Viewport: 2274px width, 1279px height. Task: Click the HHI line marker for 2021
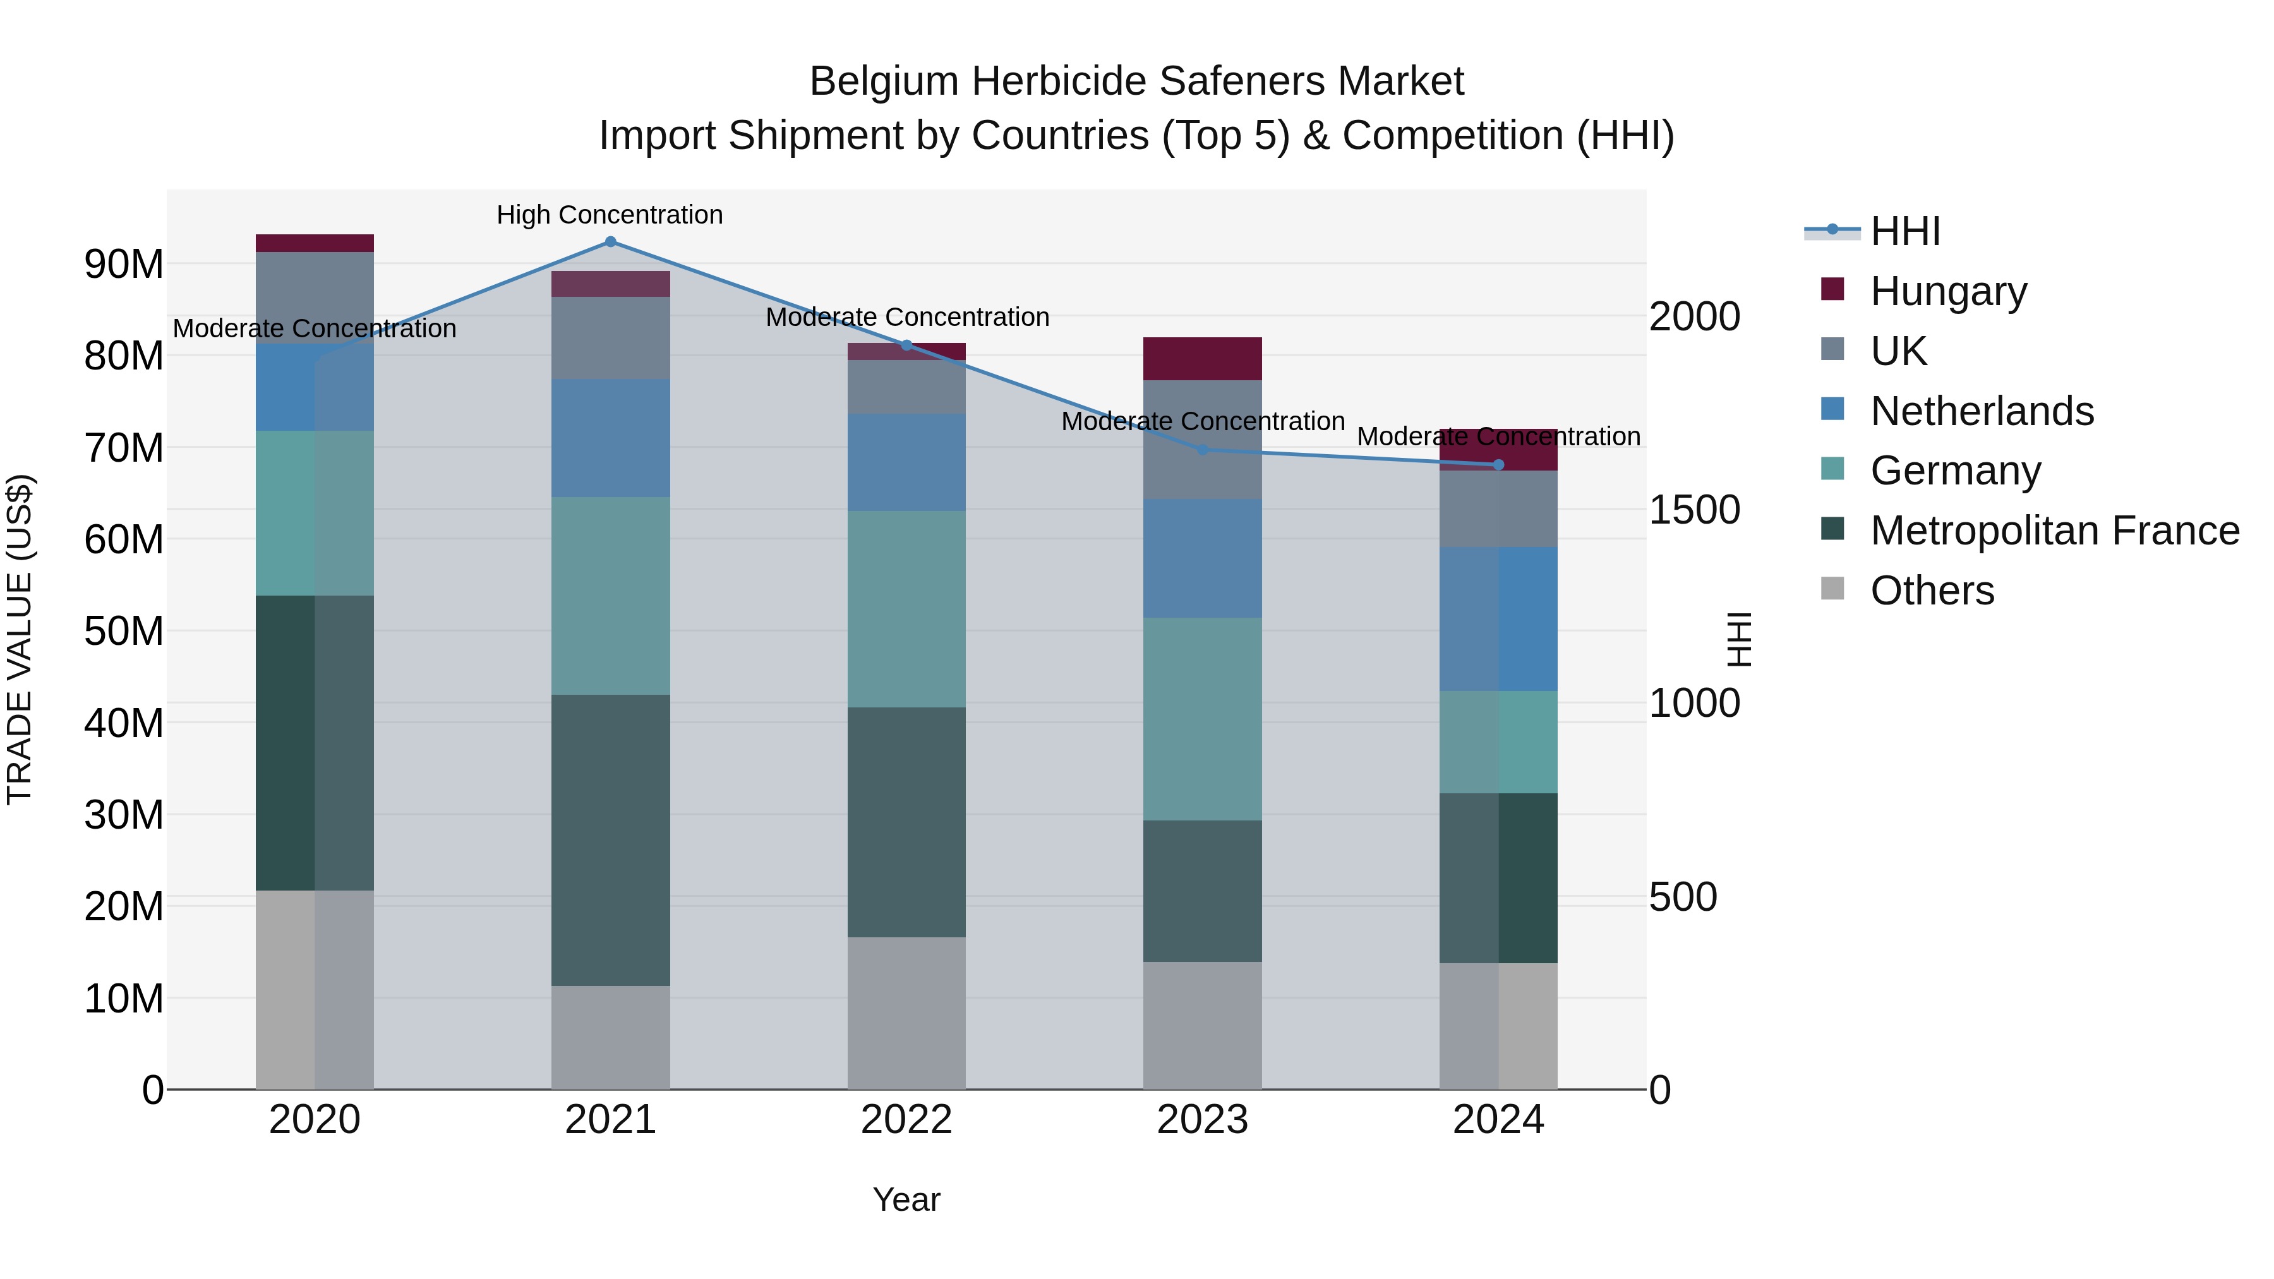(610, 242)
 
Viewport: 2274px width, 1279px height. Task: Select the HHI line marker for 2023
(1202, 450)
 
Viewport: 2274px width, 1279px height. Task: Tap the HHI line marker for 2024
(1498, 465)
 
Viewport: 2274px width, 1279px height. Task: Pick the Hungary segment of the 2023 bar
(1202, 358)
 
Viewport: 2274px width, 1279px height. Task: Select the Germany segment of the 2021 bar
(610, 596)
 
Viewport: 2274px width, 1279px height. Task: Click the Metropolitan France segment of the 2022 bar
(906, 822)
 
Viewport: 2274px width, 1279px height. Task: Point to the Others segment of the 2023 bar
(1202, 1025)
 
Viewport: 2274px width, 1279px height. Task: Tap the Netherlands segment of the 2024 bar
(1498, 619)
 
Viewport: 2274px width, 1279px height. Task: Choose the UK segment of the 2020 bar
(315, 297)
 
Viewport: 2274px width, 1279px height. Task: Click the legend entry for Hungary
(1948, 291)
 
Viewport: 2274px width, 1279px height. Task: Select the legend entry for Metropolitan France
(2054, 531)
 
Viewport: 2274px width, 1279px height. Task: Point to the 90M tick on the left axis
(124, 264)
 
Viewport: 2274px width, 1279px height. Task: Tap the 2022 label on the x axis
(906, 1120)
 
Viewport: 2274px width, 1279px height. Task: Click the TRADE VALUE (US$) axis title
(20, 639)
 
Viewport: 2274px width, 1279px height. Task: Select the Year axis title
(906, 1199)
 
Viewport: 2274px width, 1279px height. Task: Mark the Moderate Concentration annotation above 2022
(906, 317)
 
